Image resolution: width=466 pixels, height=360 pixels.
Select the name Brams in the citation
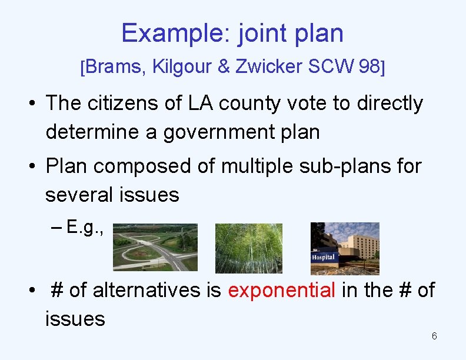click(x=114, y=67)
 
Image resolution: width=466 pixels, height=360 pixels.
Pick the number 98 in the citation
click(x=369, y=67)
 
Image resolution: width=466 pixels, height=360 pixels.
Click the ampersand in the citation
click(x=224, y=67)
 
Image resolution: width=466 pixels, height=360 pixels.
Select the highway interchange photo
click(x=155, y=247)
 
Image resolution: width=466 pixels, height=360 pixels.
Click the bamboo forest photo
click(x=248, y=248)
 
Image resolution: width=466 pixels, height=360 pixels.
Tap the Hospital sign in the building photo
click(x=323, y=257)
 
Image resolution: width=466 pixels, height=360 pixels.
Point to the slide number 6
click(x=434, y=336)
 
